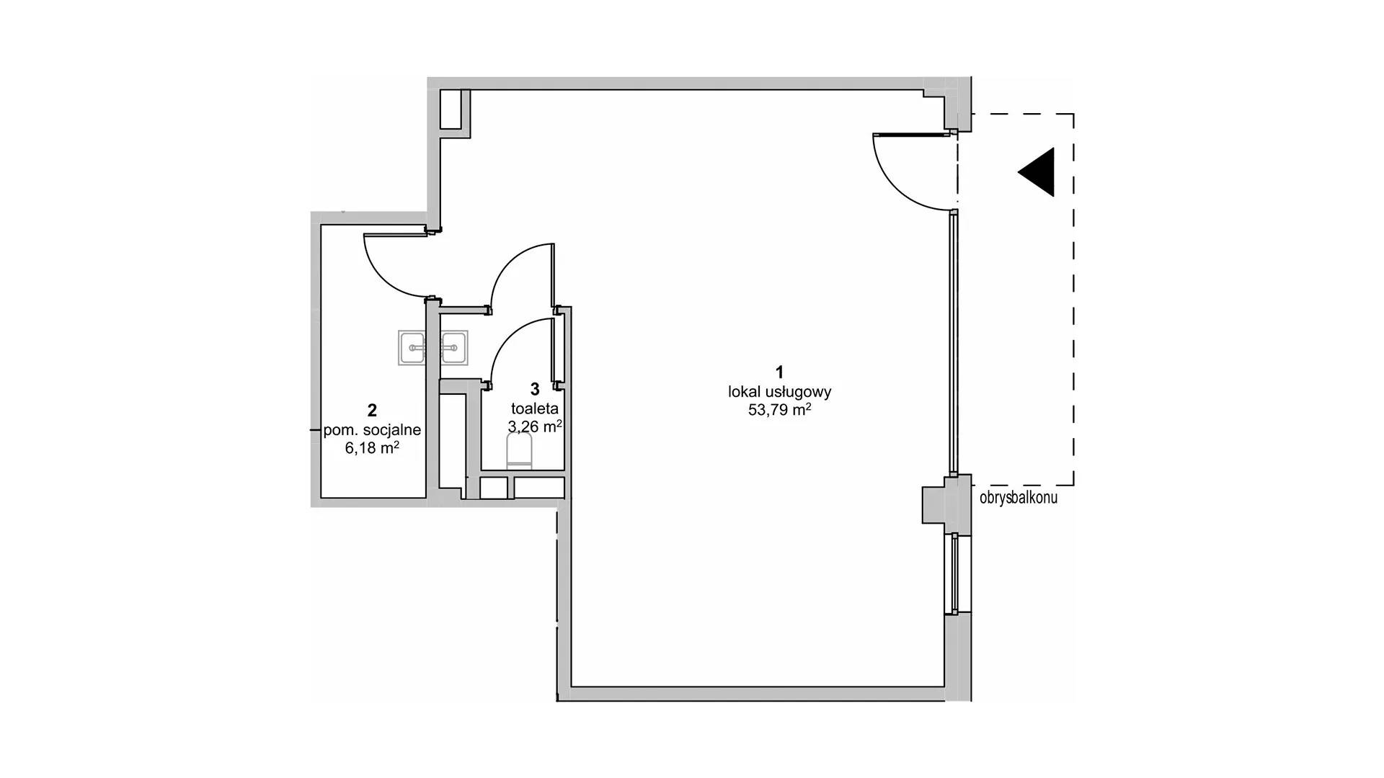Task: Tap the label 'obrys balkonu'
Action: coord(1019,497)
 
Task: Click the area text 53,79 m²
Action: coord(780,410)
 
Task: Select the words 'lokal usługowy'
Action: coord(780,392)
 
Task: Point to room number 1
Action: coord(779,372)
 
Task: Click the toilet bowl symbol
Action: coord(520,453)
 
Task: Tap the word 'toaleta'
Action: coord(535,408)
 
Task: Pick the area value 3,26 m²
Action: coord(535,426)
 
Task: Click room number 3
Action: coord(535,389)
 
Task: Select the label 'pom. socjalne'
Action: coord(372,430)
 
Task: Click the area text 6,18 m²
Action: coord(372,448)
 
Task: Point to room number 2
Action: coord(372,411)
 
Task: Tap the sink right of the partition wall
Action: coord(454,348)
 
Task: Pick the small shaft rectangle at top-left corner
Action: coord(451,109)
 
